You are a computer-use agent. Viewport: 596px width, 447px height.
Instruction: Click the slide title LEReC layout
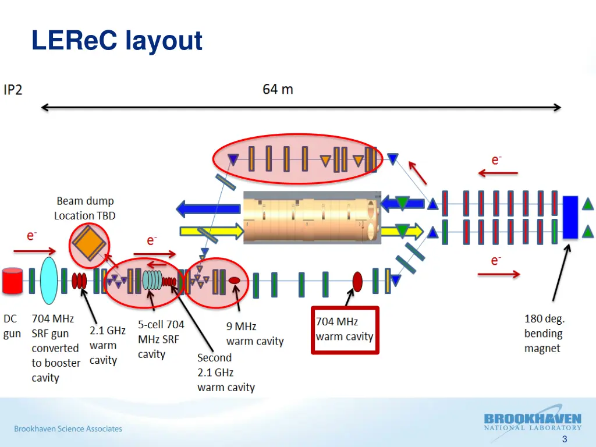(117, 41)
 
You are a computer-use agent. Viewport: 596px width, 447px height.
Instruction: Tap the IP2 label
(13, 90)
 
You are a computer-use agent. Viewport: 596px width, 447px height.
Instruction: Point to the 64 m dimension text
(278, 90)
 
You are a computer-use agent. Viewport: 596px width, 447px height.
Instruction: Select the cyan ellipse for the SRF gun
(49, 278)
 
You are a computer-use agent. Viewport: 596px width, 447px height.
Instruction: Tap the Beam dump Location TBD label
(85, 208)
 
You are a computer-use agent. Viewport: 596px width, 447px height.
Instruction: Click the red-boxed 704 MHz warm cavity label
(345, 329)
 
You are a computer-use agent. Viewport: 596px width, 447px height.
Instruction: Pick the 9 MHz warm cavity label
(254, 334)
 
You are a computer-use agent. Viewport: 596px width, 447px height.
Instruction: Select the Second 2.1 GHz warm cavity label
(226, 372)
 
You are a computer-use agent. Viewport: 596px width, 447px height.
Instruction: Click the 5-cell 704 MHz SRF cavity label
(161, 339)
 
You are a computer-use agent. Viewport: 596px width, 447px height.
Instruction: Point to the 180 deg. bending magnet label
(544, 334)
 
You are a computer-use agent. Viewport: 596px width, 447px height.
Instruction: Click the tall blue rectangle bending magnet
(570, 217)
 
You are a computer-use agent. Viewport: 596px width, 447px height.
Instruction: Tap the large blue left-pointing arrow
(208, 208)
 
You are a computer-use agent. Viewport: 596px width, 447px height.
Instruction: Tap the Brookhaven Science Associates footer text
(68, 429)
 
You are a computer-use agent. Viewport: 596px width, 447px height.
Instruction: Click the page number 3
(564, 439)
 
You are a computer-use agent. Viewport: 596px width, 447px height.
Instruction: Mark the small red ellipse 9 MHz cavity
(234, 281)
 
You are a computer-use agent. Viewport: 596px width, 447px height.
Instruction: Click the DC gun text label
(12, 326)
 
